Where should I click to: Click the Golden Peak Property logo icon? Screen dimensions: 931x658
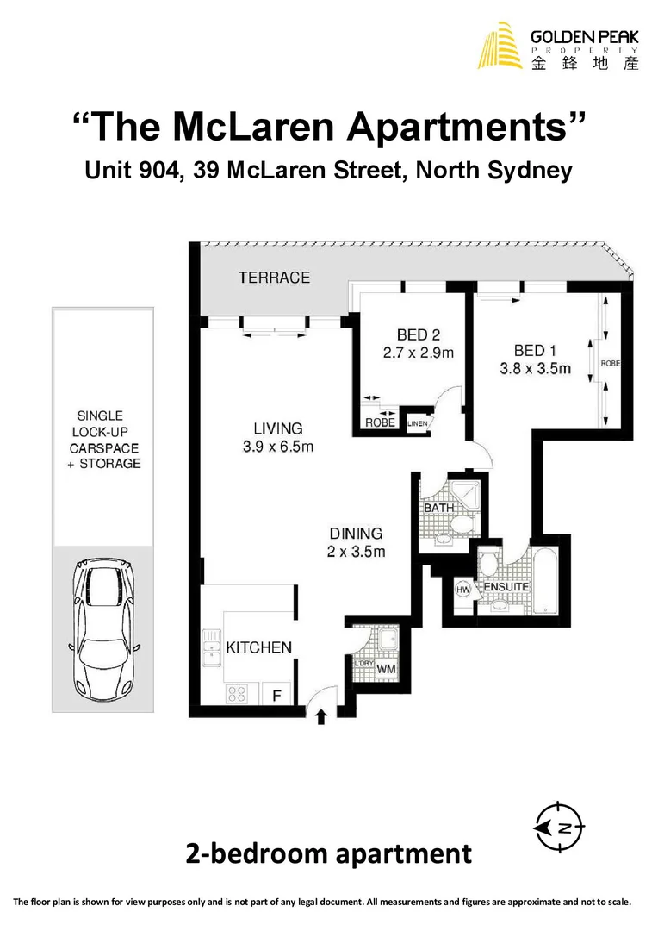point(501,46)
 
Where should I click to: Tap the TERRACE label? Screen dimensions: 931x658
point(274,278)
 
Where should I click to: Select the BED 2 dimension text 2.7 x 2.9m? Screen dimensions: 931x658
point(419,353)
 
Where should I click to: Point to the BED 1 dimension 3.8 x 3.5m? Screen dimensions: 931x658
point(535,369)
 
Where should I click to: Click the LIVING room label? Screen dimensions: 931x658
point(277,428)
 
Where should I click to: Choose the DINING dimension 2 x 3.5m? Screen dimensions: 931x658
point(355,552)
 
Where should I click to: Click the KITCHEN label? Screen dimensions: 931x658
point(258,647)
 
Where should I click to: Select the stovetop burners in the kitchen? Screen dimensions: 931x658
point(238,693)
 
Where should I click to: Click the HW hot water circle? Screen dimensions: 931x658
point(462,590)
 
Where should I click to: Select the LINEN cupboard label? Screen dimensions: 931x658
point(418,423)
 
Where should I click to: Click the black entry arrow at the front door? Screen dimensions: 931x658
point(321,715)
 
